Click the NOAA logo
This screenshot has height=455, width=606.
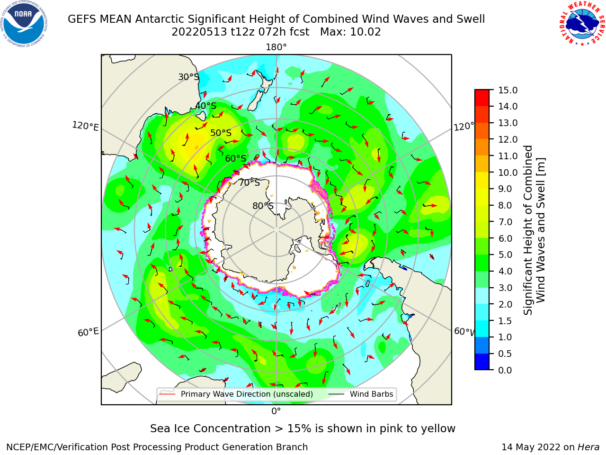(24, 24)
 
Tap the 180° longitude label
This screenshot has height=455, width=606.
(276, 47)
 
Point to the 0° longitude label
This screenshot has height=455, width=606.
(276, 411)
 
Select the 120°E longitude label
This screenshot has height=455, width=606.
(85, 126)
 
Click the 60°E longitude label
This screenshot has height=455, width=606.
(88, 332)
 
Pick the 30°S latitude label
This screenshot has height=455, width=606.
(188, 77)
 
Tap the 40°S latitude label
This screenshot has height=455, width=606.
(206, 106)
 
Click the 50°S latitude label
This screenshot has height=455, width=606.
(221, 133)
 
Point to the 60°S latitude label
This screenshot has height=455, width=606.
(235, 158)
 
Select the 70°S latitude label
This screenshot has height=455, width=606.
(250, 182)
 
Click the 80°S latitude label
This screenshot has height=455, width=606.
(263, 206)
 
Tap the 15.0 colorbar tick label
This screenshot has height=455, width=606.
(508, 90)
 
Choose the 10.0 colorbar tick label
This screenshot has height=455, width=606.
(508, 173)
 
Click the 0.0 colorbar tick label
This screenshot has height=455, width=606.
(505, 370)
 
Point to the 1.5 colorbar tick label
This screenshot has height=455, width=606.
(505, 321)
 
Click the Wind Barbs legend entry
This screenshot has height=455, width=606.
(361, 394)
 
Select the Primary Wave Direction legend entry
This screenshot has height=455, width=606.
(237, 394)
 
